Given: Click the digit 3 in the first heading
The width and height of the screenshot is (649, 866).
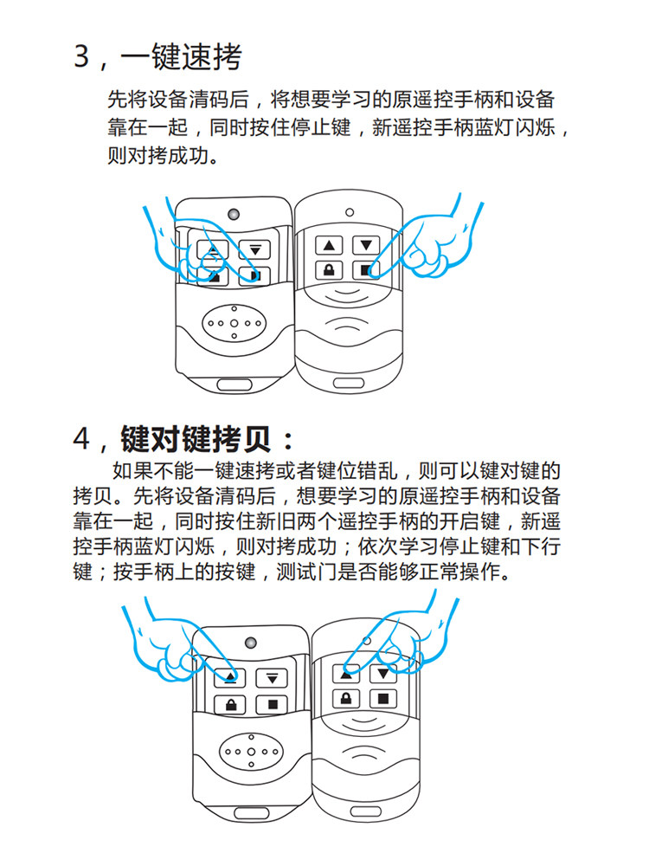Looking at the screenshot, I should coord(82,58).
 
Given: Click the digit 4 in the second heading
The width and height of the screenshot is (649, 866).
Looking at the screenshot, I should coord(82,439).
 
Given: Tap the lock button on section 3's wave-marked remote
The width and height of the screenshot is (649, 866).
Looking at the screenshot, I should coord(328,269).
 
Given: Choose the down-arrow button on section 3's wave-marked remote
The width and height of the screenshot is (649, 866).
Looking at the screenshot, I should coord(366,245).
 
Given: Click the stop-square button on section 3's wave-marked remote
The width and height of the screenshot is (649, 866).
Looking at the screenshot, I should coord(366,269).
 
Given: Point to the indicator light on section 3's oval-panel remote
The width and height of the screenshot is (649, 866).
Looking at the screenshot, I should coord(234,213).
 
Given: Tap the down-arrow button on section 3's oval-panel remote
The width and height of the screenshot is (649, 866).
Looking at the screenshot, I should coord(254,250).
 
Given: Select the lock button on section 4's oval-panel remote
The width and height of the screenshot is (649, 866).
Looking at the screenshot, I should coord(232,704).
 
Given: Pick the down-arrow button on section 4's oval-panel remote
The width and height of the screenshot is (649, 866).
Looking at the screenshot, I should coord(272,678).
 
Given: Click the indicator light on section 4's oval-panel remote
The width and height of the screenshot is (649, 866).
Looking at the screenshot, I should coord(251,643).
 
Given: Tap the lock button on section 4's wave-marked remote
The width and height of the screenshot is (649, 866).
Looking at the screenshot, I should coord(346,698).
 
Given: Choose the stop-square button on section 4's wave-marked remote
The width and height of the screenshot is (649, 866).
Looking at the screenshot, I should coord(383,698).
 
